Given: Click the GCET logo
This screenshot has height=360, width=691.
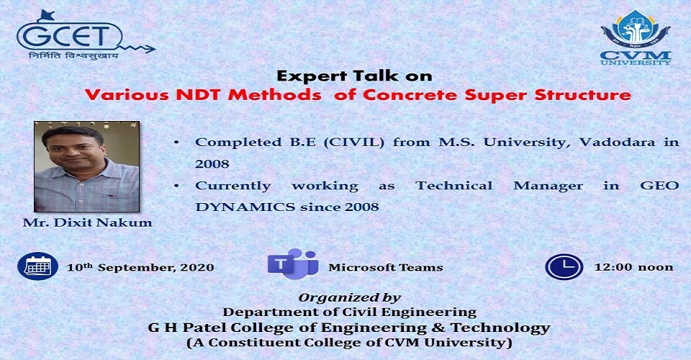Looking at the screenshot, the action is [x=86, y=35].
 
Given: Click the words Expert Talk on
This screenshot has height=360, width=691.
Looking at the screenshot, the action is [x=354, y=76].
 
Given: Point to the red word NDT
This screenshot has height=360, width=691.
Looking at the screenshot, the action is [x=199, y=95].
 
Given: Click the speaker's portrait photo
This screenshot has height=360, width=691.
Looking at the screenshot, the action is [x=87, y=166].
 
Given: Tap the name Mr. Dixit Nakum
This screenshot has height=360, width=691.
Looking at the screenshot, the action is [x=87, y=222].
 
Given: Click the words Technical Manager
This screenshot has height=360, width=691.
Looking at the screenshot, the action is [x=499, y=186].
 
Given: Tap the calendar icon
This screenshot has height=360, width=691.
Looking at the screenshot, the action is [x=38, y=266].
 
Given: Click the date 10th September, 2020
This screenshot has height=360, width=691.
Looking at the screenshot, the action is [x=140, y=267].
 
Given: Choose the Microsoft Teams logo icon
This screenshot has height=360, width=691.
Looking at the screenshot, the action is [x=293, y=264].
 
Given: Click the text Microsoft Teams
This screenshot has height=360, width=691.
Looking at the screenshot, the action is [x=386, y=267].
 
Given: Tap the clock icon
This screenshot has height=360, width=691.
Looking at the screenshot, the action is [x=564, y=267].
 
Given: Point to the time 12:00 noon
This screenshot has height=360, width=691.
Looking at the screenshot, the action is [x=633, y=267].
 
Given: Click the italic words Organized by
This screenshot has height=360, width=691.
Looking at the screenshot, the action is [x=350, y=298].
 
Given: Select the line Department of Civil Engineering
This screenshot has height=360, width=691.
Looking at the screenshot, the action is [x=350, y=312].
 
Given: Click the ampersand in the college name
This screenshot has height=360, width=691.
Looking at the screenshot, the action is [x=438, y=328].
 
